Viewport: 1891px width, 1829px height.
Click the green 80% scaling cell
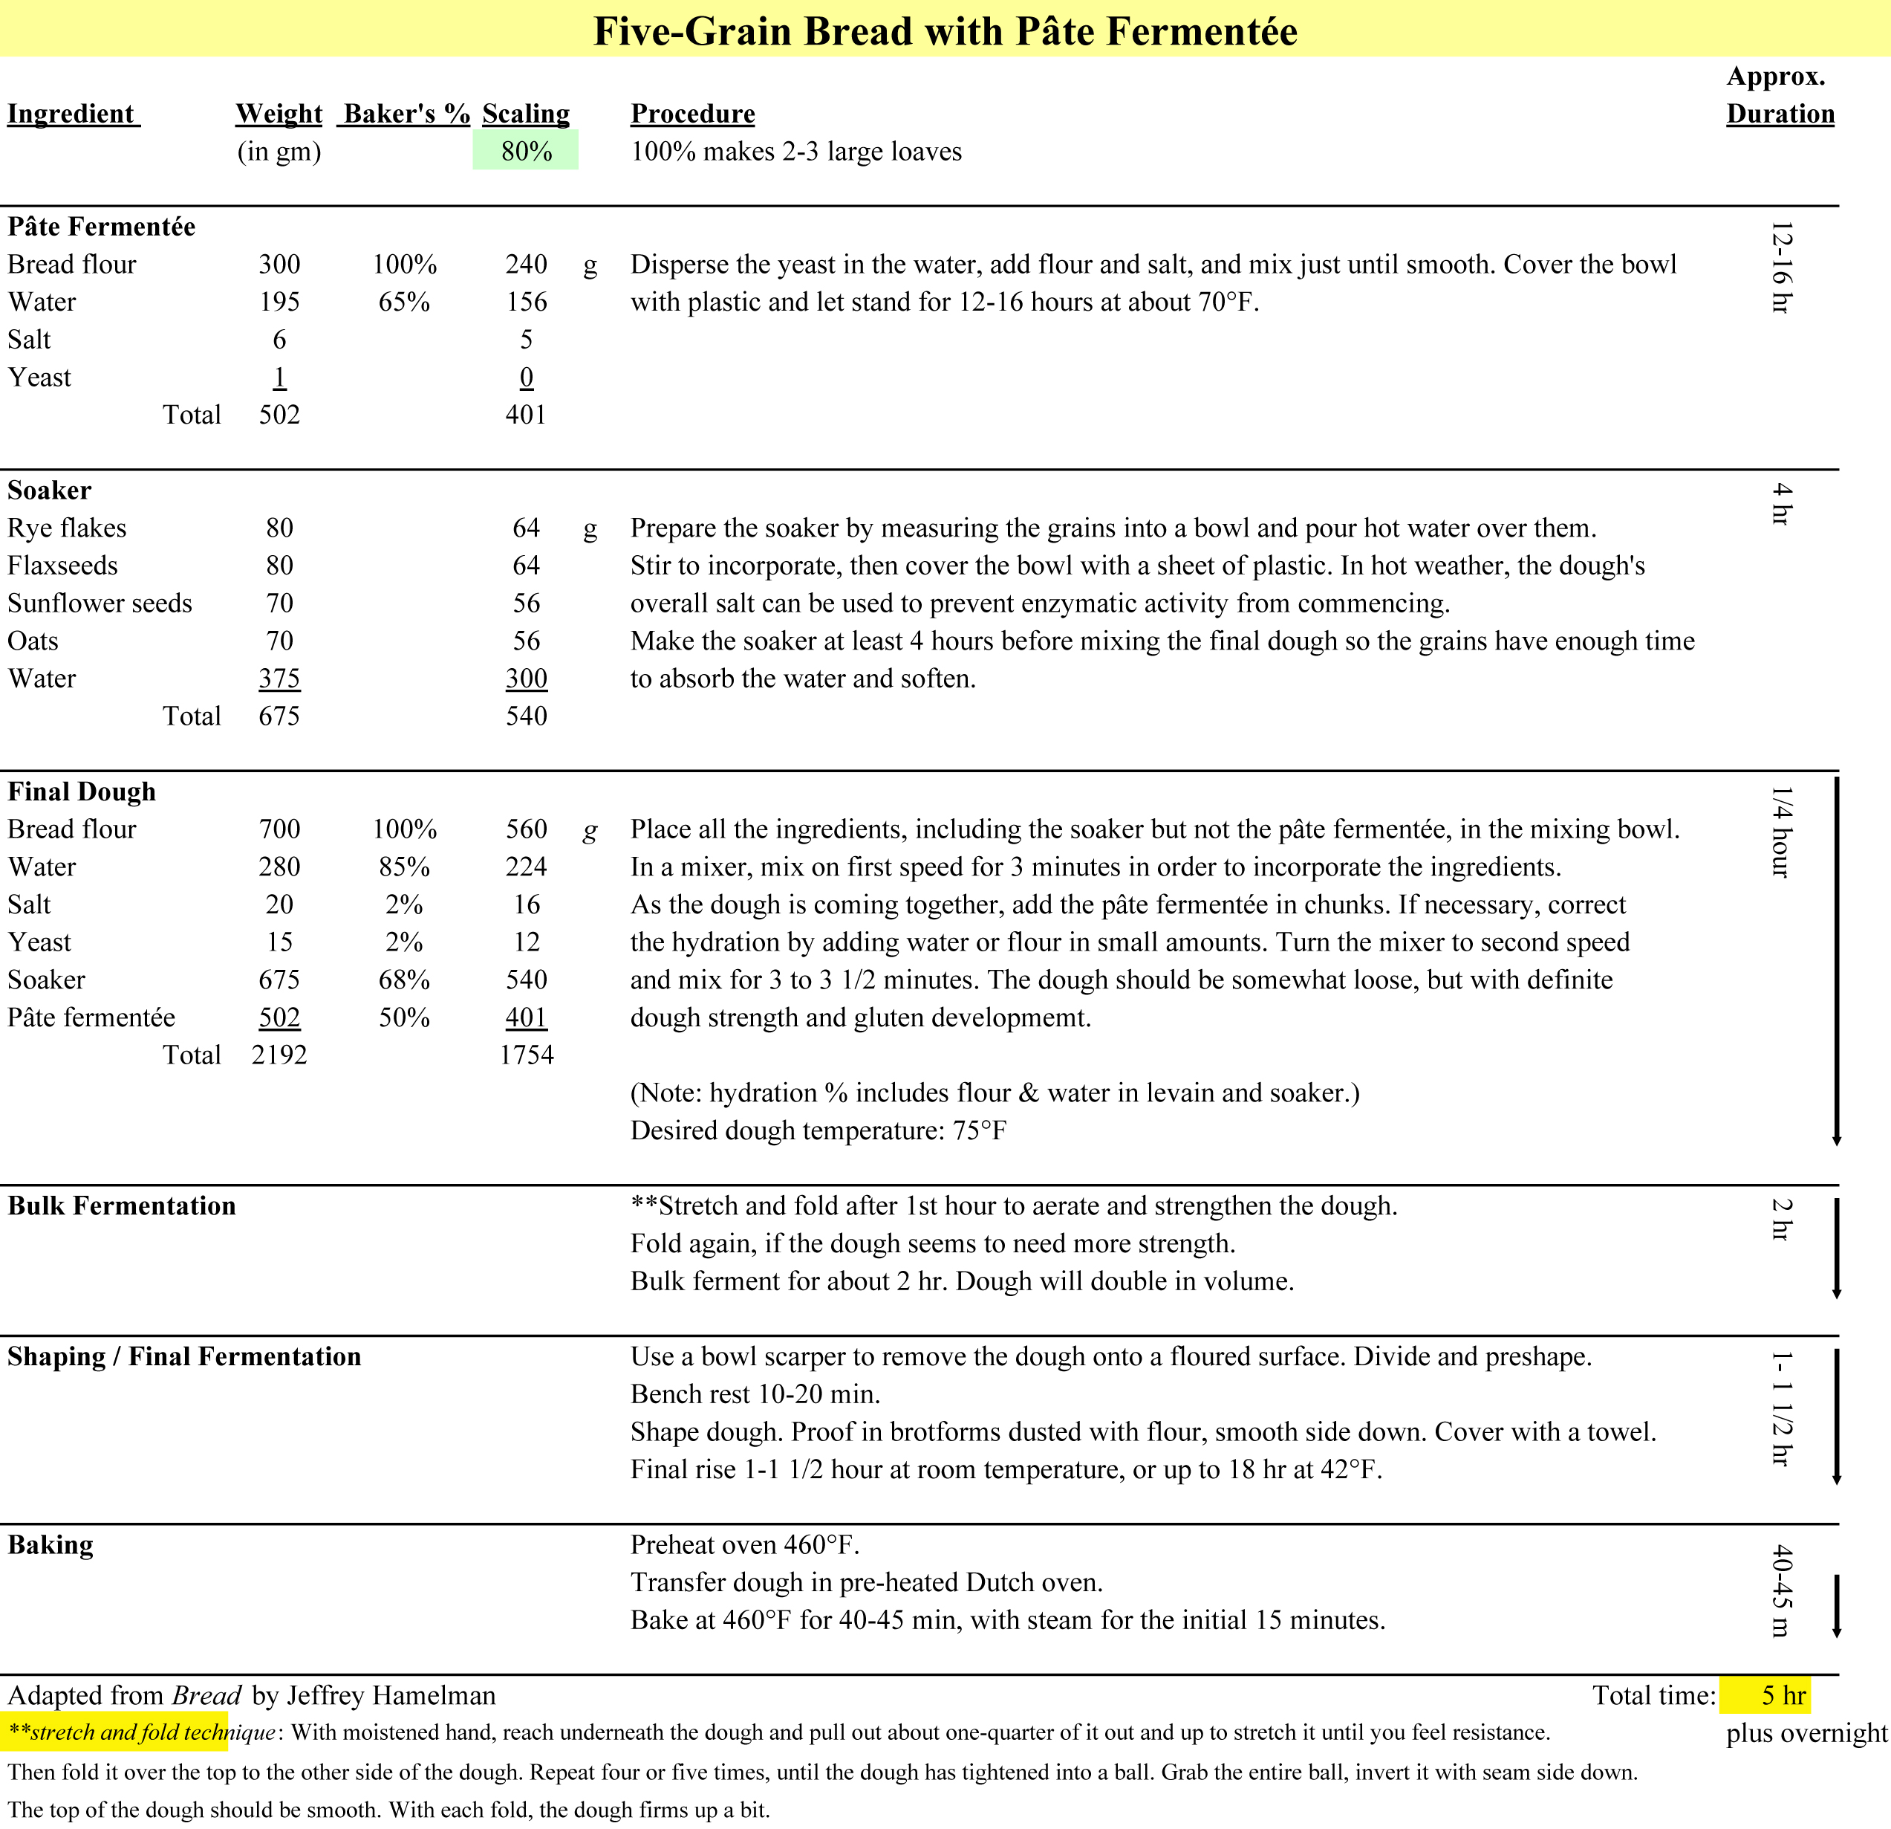(x=526, y=152)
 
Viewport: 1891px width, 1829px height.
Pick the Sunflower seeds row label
(x=100, y=603)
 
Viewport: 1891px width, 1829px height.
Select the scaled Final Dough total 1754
(x=526, y=1055)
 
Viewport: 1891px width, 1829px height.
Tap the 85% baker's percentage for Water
(x=404, y=867)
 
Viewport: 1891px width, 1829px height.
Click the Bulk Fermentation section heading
(x=122, y=1205)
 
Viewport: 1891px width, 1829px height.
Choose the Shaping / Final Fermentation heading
(x=184, y=1356)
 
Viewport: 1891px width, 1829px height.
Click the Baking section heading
(x=51, y=1544)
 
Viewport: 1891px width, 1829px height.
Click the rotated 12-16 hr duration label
(x=1781, y=268)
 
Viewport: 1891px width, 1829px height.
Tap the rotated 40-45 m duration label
(x=1781, y=1590)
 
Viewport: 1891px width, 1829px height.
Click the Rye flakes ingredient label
(x=68, y=528)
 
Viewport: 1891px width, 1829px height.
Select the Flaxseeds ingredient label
(x=62, y=566)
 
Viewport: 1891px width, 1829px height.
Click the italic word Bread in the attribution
(x=206, y=1696)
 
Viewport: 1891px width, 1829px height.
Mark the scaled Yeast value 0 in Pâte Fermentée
(x=526, y=378)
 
